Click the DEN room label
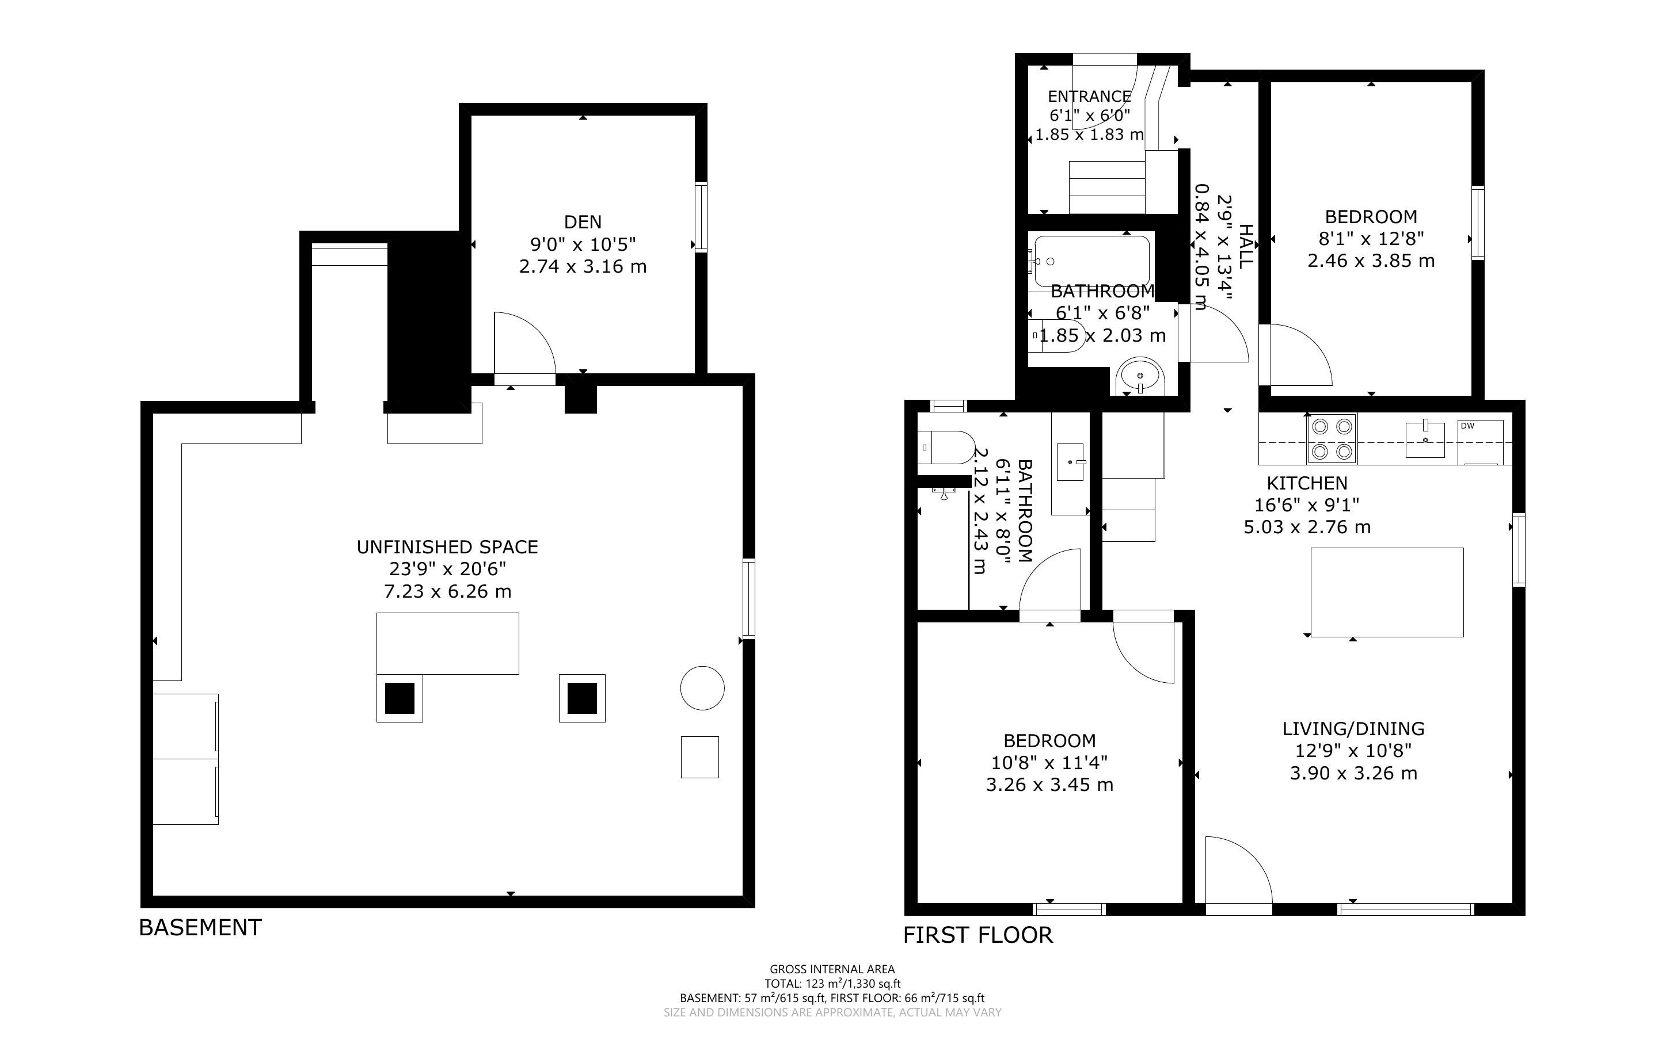pos(583,221)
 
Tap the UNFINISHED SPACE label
pos(447,547)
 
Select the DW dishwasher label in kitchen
pos(1468,426)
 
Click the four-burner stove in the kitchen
pos(1332,439)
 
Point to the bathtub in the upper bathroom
pos(1091,261)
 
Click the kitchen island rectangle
pos(1387,592)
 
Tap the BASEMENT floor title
pos(200,927)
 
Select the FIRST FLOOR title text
pos(978,935)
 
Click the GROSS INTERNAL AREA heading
pos(832,970)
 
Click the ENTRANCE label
pos(1089,96)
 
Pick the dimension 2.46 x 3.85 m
pos(1371,261)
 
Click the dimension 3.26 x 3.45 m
pos(1049,785)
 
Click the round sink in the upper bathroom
pos(1140,376)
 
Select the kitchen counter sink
pos(1425,438)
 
